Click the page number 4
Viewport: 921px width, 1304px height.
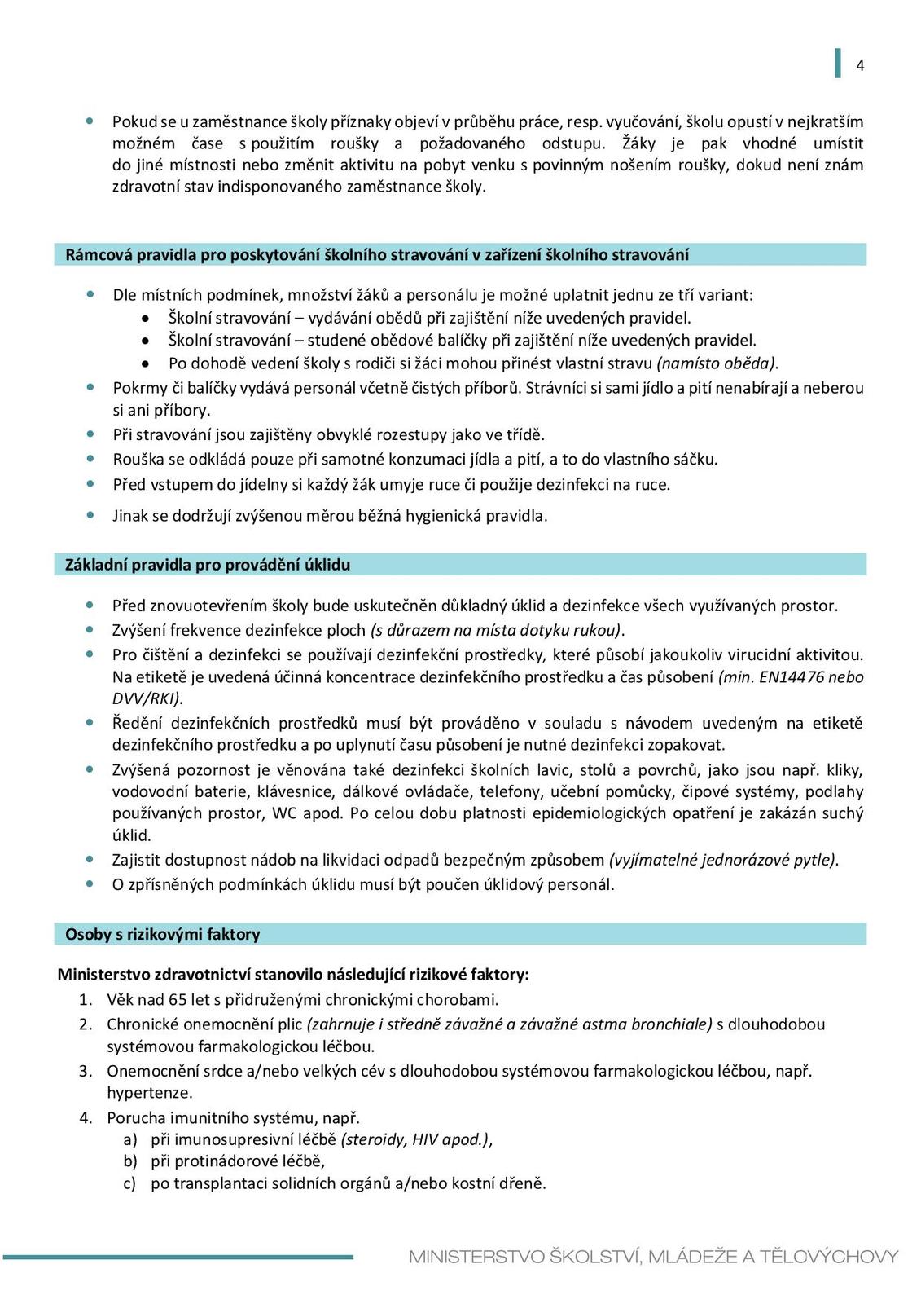(x=860, y=66)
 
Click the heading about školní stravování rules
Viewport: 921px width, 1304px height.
(x=376, y=255)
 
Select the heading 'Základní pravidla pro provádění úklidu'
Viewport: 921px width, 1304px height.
(x=208, y=565)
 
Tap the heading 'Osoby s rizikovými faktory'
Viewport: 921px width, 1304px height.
(x=163, y=935)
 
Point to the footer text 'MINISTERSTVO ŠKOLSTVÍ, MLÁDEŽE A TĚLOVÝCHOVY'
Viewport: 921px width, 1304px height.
(x=653, y=1257)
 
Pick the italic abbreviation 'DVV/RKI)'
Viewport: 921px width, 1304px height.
(x=147, y=698)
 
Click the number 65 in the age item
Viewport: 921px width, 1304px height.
(x=178, y=999)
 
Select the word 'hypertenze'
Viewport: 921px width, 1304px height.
(x=149, y=1092)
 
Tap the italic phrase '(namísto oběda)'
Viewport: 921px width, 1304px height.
(x=717, y=363)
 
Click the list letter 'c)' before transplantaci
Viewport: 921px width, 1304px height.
(x=129, y=1183)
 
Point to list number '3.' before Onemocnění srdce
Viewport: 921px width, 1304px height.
(x=86, y=1071)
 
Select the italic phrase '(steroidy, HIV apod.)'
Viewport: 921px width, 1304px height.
(x=416, y=1139)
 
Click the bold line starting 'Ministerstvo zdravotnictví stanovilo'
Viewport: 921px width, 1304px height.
(x=293, y=975)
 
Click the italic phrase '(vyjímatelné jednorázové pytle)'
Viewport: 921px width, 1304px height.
(x=723, y=860)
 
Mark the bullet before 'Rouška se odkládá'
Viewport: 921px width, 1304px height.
(x=90, y=459)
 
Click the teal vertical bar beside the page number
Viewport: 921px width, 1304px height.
(x=837, y=64)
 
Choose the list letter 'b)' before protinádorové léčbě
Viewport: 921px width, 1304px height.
(x=130, y=1161)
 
